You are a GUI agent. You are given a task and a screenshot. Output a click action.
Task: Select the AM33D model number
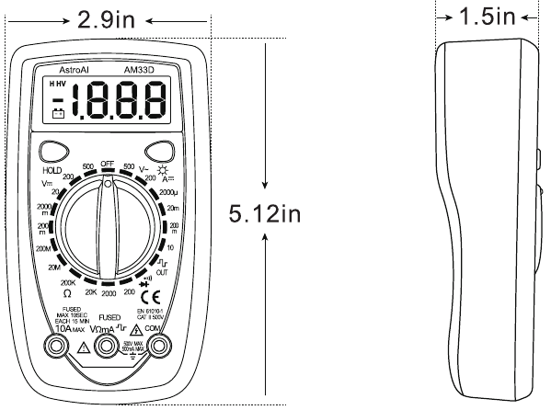pos(139,69)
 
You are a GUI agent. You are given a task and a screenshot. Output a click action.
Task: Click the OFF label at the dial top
pos(108,162)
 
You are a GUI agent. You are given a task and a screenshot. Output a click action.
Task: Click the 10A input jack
pos(57,347)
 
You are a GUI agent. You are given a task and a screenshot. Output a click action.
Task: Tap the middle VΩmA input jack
pos(109,347)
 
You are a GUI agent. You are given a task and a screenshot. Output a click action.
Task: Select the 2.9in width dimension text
pos(106,17)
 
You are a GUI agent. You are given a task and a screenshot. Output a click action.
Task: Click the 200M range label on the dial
pos(42,248)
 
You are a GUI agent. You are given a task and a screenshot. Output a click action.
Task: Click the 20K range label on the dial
pos(91,291)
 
